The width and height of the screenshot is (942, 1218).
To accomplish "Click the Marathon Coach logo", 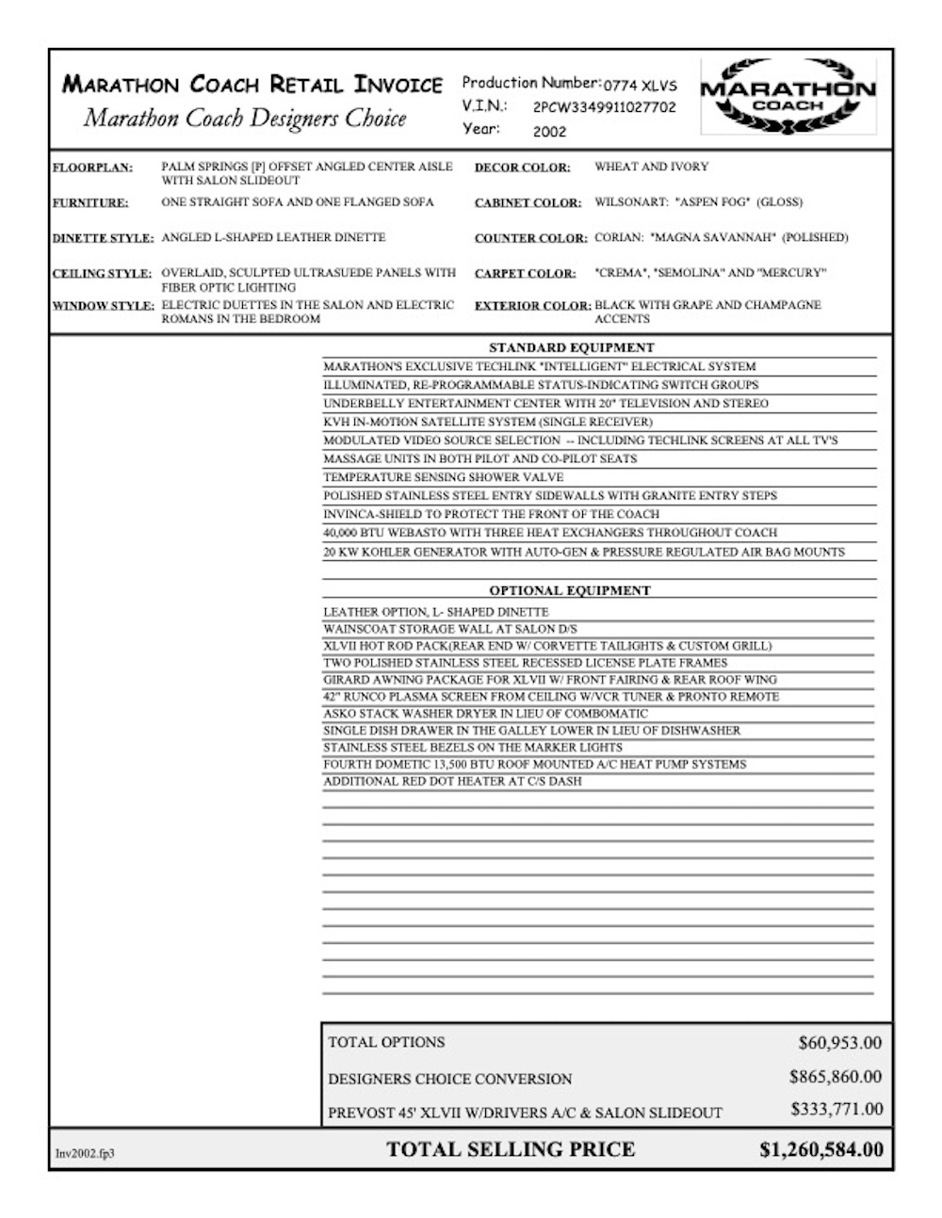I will [788, 95].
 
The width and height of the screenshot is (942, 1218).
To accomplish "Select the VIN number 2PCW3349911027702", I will [604, 107].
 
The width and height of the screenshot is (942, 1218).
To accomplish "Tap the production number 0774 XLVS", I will [641, 85].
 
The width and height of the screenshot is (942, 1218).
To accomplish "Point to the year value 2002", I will [550, 132].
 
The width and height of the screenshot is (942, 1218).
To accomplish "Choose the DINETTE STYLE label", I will [103, 239].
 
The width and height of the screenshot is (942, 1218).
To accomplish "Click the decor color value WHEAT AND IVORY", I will [651, 168].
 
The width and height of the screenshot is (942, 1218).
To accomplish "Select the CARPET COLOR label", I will [525, 274].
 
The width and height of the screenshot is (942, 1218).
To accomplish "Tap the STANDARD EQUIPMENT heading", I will [571, 348].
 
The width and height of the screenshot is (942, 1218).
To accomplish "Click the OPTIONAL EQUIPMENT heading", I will [570, 591].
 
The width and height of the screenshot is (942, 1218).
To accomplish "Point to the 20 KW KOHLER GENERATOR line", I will [584, 552].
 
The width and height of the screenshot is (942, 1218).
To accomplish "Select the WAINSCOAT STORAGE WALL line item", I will [450, 629].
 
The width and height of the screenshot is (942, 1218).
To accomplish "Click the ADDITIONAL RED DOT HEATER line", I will [452, 781].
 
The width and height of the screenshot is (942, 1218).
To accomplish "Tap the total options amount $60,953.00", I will [839, 1043].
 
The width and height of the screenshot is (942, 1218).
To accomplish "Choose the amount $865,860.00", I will [836, 1077].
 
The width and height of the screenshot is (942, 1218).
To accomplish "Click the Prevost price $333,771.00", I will [836, 1110].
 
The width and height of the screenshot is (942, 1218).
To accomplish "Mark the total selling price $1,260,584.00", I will [821, 1149].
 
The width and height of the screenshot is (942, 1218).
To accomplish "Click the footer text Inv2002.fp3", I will [85, 1153].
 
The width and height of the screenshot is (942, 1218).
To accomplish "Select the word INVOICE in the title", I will [398, 85].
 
